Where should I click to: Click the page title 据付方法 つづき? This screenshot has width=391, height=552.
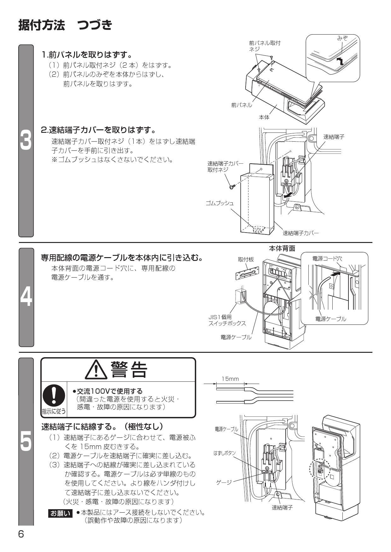pyautogui.click(x=65, y=25)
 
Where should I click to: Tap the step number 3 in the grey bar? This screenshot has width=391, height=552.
pyautogui.click(x=26, y=141)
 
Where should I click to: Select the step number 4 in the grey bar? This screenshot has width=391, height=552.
pyautogui.click(x=26, y=297)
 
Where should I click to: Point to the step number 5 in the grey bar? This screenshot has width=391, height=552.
pyautogui.click(x=26, y=442)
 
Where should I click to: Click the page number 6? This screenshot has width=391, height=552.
pyautogui.click(x=21, y=534)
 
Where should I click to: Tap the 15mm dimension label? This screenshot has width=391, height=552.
pyautogui.click(x=230, y=379)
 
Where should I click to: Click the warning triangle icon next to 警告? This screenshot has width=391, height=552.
pyautogui.click(x=96, y=370)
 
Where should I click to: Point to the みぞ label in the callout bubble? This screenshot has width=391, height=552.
pyautogui.click(x=342, y=38)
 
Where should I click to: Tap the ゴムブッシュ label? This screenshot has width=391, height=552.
pyautogui.click(x=220, y=203)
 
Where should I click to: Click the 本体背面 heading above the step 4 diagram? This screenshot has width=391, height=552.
pyautogui.click(x=282, y=249)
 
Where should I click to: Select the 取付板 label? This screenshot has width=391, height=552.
pyautogui.click(x=246, y=260)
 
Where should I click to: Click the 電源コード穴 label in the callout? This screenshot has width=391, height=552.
pyautogui.click(x=327, y=258)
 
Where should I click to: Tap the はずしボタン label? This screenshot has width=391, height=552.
pyautogui.click(x=225, y=453)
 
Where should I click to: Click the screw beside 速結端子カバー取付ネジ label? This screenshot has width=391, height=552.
pyautogui.click(x=232, y=187)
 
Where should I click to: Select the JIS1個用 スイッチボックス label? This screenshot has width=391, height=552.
pyautogui.click(x=227, y=320)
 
